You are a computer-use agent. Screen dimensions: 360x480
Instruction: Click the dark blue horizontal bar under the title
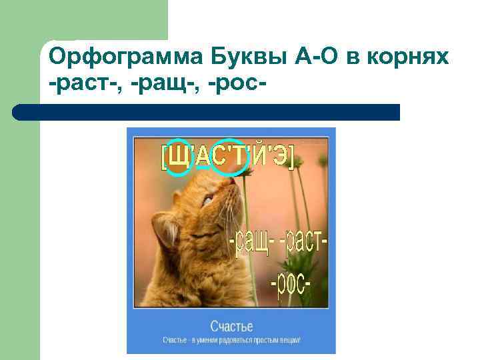[x=207, y=112]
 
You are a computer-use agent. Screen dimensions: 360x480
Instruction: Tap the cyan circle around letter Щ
[x=178, y=157]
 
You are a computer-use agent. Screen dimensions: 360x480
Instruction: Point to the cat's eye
[x=207, y=199]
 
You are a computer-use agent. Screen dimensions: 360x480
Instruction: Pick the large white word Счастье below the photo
[x=231, y=326]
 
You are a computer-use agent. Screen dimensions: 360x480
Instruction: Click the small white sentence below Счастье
[x=231, y=340]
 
